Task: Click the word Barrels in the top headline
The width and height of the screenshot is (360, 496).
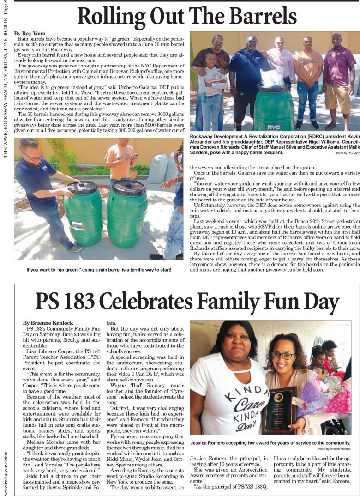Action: pyautogui.click(x=258, y=17)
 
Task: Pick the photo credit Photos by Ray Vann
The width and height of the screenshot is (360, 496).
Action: pyautogui.click(x=347, y=152)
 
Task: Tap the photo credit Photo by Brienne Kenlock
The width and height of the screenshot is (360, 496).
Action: pyautogui.click(x=334, y=449)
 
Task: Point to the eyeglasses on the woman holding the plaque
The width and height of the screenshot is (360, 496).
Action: pyautogui.click(x=282, y=356)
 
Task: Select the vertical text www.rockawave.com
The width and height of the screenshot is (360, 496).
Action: pyautogui.click(x=6, y=466)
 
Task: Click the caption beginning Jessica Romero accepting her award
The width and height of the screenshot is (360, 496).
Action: pyautogui.click(x=270, y=443)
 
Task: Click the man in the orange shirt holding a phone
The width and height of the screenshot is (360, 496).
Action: pyautogui.click(x=120, y=159)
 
